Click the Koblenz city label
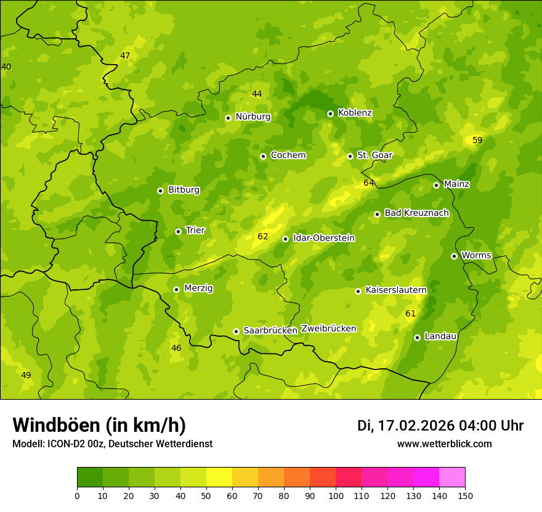coord(355,113)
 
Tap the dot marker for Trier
coord(178,231)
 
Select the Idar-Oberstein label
coord(323,238)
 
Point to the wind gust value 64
coord(369,183)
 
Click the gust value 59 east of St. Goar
coord(477,140)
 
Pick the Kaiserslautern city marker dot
coord(358,291)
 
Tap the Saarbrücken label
coord(270,331)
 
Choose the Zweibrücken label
coord(328,329)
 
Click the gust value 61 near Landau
coord(411,313)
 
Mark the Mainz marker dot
coord(436,185)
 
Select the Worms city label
coord(476,255)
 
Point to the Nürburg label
coord(253,117)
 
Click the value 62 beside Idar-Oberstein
coord(263,236)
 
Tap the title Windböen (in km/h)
coord(99,425)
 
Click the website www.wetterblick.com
coord(444,444)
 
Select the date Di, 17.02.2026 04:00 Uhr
coord(440,426)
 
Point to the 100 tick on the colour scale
coord(336,495)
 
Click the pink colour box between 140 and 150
coord(452,477)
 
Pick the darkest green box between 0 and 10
coord(90,477)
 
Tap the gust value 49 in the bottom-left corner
coord(26,375)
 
